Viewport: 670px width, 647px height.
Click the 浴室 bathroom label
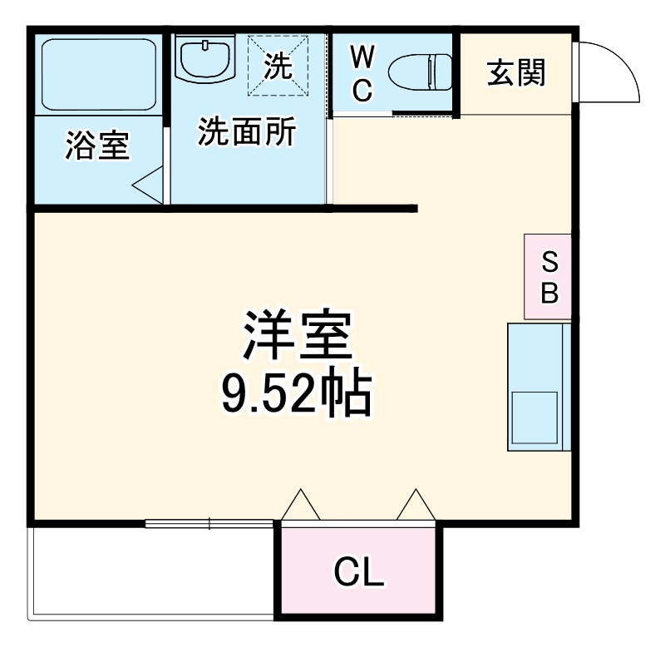pos(97,146)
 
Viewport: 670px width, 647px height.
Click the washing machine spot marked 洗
pos(279,65)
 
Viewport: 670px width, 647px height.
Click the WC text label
pos(362,74)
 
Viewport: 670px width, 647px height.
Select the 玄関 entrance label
pos(515,74)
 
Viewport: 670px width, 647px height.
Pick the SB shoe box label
pos(549,277)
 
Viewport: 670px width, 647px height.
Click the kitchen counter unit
pos(539,387)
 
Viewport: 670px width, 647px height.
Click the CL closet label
pos(358,571)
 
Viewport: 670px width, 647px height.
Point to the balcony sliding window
pos(209,523)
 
